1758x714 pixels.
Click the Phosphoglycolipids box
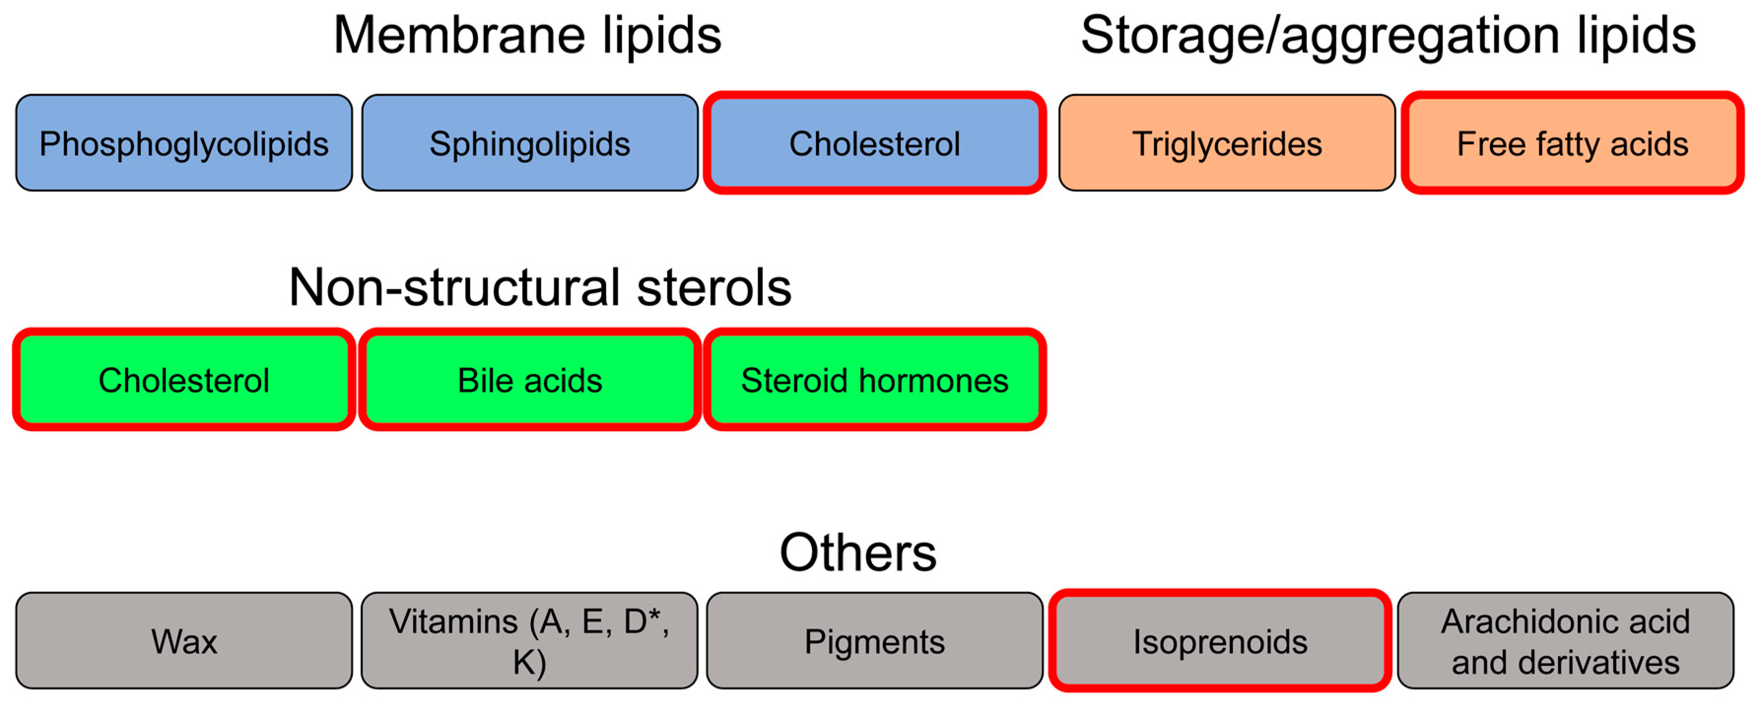(184, 143)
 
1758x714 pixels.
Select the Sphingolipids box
(530, 143)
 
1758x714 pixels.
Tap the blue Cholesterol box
(874, 143)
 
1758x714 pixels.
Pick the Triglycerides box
(1226, 143)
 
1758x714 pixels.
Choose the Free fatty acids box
(1572, 143)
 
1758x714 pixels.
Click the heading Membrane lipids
(527, 35)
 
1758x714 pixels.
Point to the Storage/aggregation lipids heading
(1388, 35)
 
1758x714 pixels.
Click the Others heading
(858, 552)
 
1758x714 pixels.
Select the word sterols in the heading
(714, 287)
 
